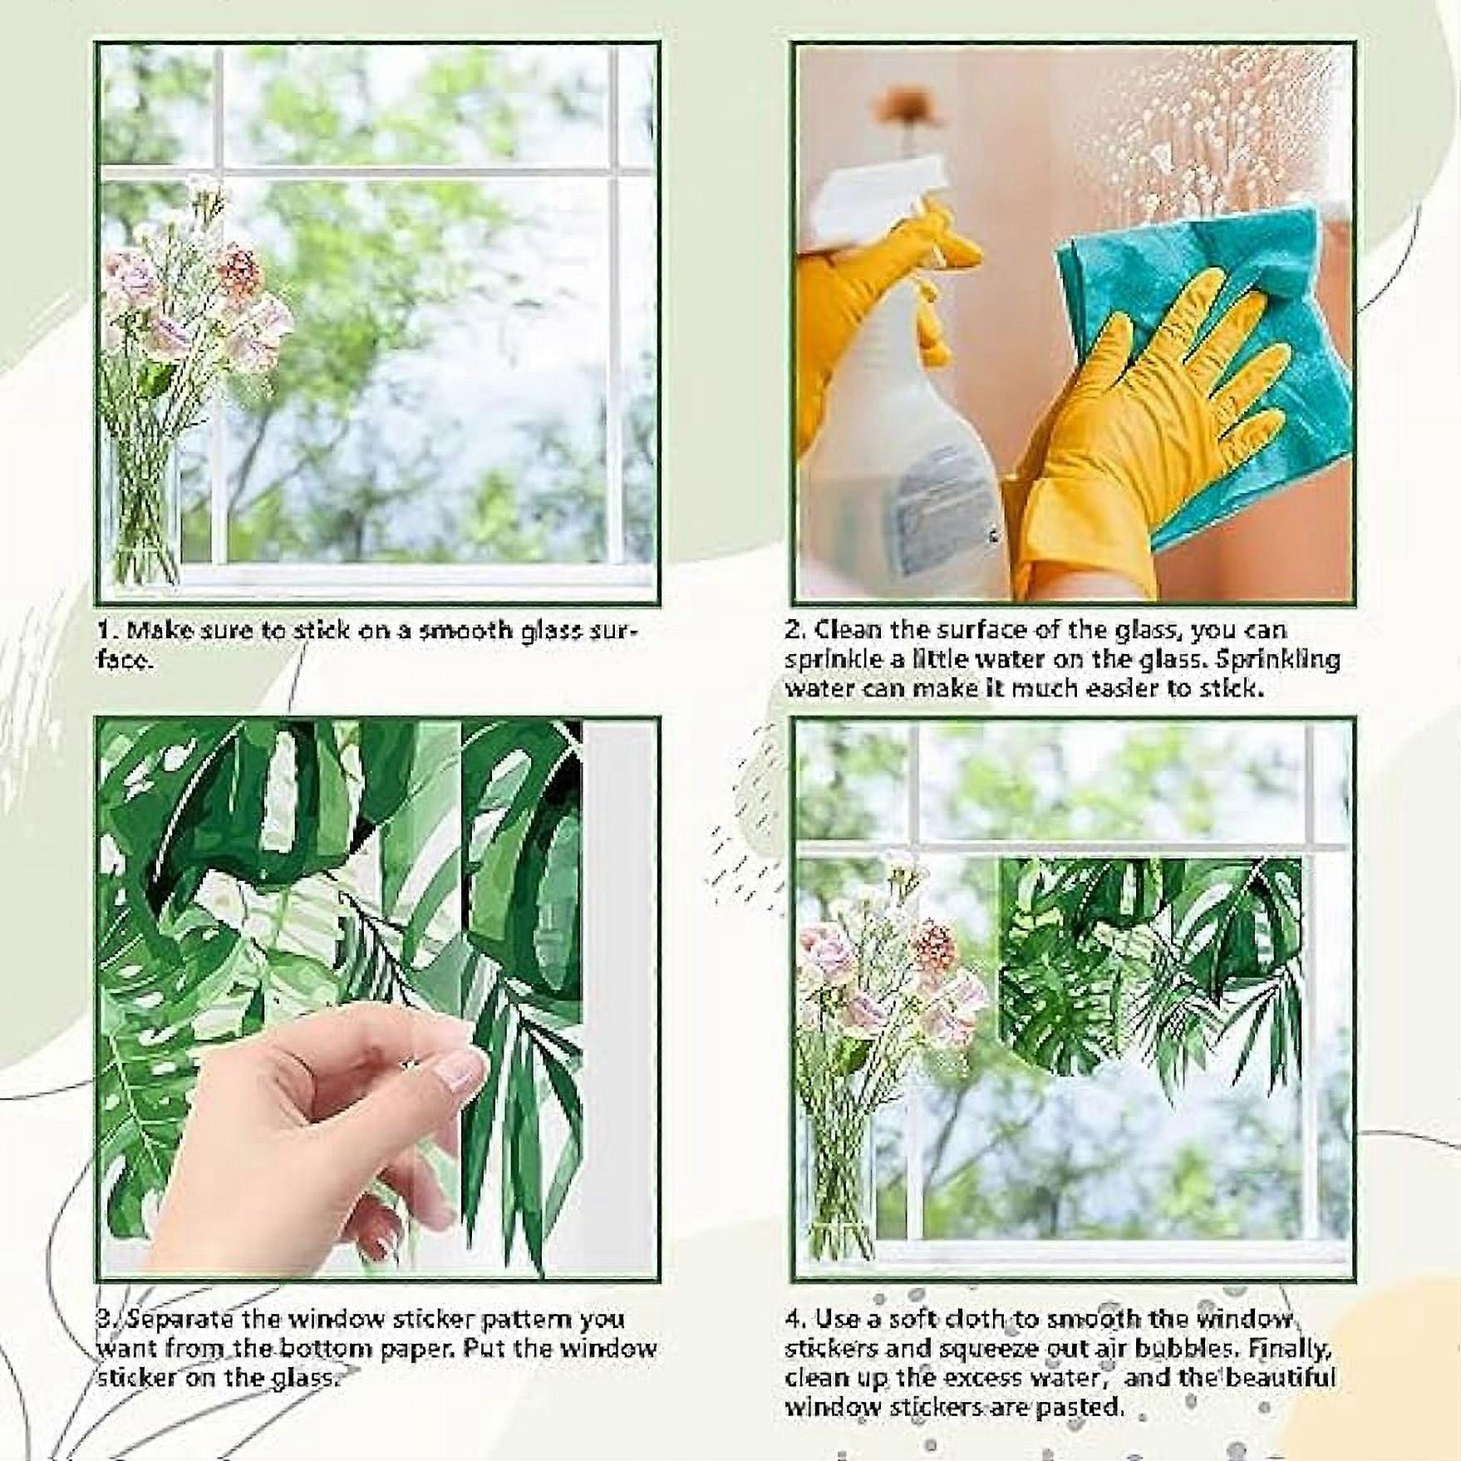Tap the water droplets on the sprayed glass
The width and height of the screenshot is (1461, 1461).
click(x=1205, y=141)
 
